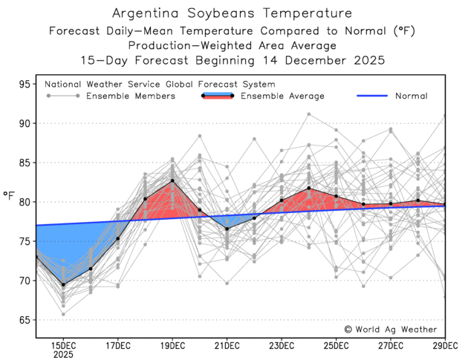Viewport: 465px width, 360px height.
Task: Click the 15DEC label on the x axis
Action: (x=63, y=346)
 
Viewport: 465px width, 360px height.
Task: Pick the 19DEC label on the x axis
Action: (x=172, y=346)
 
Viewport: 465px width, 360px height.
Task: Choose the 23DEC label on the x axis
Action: (x=282, y=346)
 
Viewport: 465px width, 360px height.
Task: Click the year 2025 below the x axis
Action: (x=63, y=356)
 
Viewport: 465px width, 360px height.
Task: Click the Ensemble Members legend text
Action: (x=131, y=96)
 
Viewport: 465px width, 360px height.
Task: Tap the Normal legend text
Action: (x=411, y=96)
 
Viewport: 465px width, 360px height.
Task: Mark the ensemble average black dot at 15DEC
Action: (x=63, y=284)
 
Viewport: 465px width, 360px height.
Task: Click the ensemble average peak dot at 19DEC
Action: (x=172, y=180)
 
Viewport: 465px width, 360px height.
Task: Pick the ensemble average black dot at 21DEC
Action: (x=227, y=229)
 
